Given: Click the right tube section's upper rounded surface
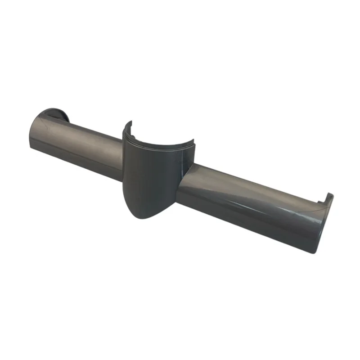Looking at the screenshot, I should [252, 189].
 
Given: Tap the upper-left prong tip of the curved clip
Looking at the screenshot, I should [127, 123].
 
